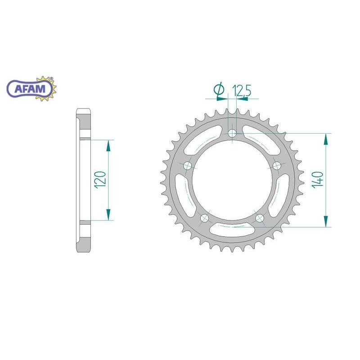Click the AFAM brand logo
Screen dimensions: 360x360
point(31,88)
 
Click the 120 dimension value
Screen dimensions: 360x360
point(100,180)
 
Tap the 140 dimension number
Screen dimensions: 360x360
point(318,180)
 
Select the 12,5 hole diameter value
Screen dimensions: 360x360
point(242,90)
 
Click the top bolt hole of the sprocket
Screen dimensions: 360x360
point(232,133)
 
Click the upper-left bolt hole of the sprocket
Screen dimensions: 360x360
point(188,165)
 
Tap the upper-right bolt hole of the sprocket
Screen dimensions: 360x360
point(277,165)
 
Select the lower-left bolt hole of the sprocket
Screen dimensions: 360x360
point(205,218)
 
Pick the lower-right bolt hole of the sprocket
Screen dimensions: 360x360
point(260,218)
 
